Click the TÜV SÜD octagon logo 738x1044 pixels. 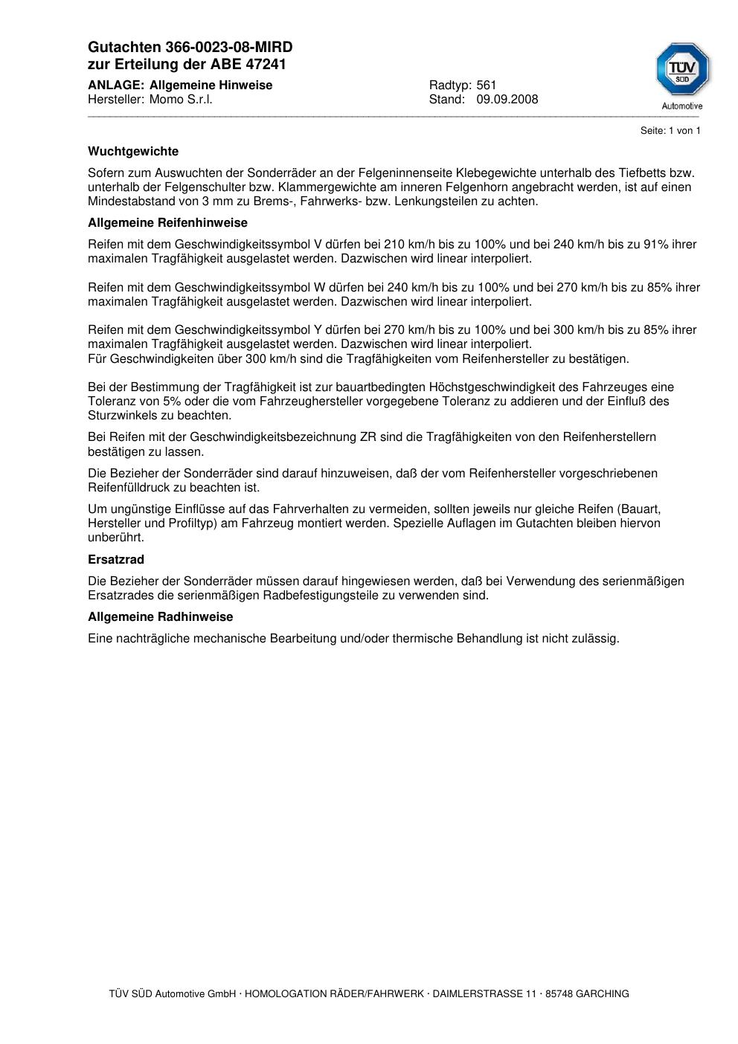click(682, 69)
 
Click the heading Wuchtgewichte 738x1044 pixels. click(133, 152)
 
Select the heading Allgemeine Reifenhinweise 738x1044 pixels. click(167, 223)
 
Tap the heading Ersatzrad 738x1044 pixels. click(116, 560)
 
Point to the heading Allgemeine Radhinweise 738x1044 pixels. click(160, 617)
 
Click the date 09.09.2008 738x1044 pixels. click(507, 100)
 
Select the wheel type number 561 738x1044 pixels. click(487, 86)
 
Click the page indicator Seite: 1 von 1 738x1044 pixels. click(670, 131)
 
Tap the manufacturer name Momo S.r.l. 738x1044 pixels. click(181, 100)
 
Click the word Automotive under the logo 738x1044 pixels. click(682, 106)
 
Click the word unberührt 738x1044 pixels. click(116, 538)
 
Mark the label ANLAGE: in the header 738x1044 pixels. click(115, 86)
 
